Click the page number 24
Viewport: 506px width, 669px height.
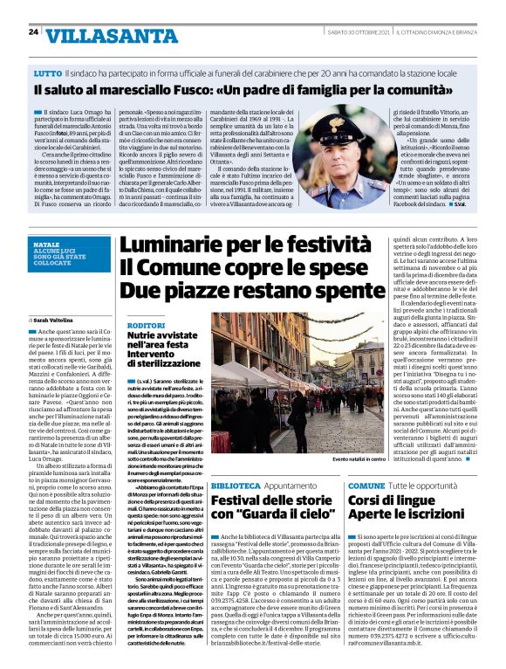point(33,32)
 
